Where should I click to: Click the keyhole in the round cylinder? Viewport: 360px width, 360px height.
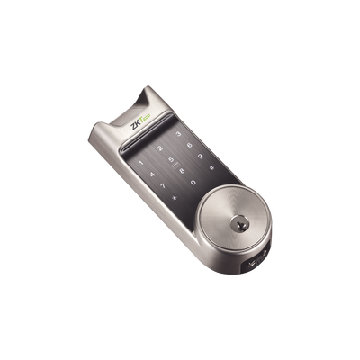pos(239,221)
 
